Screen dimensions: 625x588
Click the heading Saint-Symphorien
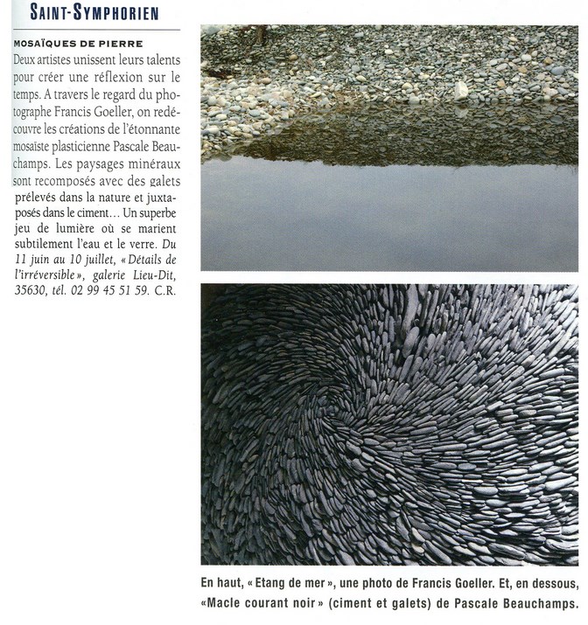click(x=94, y=13)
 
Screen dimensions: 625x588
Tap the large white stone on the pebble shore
click(x=461, y=90)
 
